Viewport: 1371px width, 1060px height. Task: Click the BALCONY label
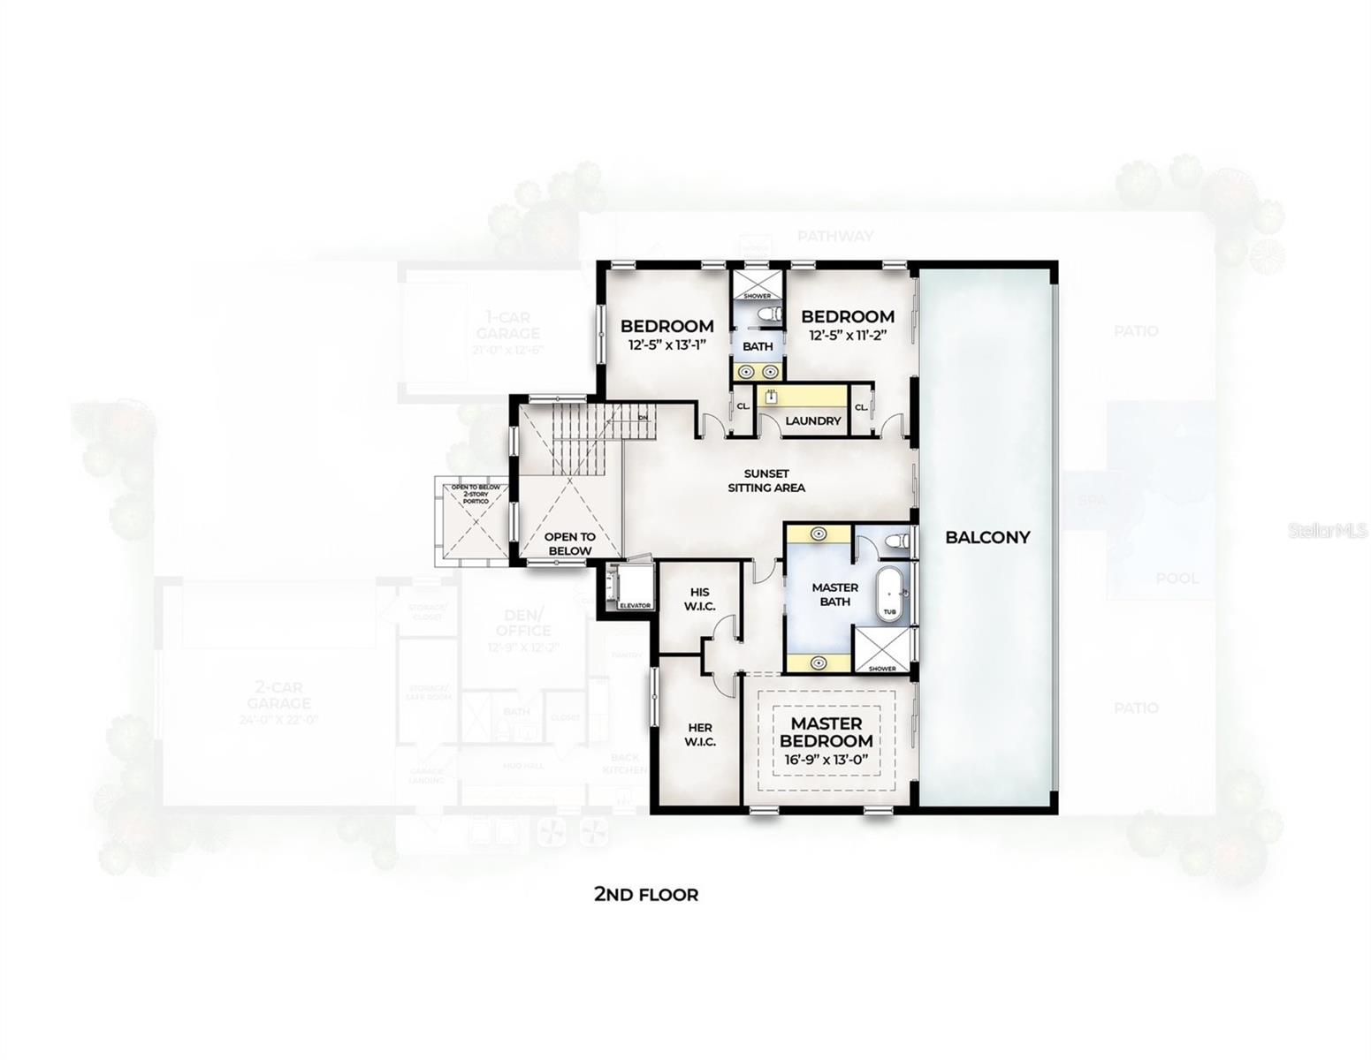987,536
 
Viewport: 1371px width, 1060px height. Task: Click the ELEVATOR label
635,606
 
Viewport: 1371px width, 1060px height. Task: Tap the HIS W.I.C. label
699,598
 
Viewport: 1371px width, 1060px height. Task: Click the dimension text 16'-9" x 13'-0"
826,760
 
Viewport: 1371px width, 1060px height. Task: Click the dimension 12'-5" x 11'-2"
848,336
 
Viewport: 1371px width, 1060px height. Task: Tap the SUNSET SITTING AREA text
765,481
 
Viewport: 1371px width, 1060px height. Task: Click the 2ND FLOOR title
645,895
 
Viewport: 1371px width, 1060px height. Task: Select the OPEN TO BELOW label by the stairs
569,543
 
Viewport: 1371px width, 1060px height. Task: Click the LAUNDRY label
812,421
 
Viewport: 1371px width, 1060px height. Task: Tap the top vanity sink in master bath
819,534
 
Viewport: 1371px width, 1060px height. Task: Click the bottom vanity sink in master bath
819,662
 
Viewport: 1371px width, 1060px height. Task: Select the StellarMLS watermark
1328,531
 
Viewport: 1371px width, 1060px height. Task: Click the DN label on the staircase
643,417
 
